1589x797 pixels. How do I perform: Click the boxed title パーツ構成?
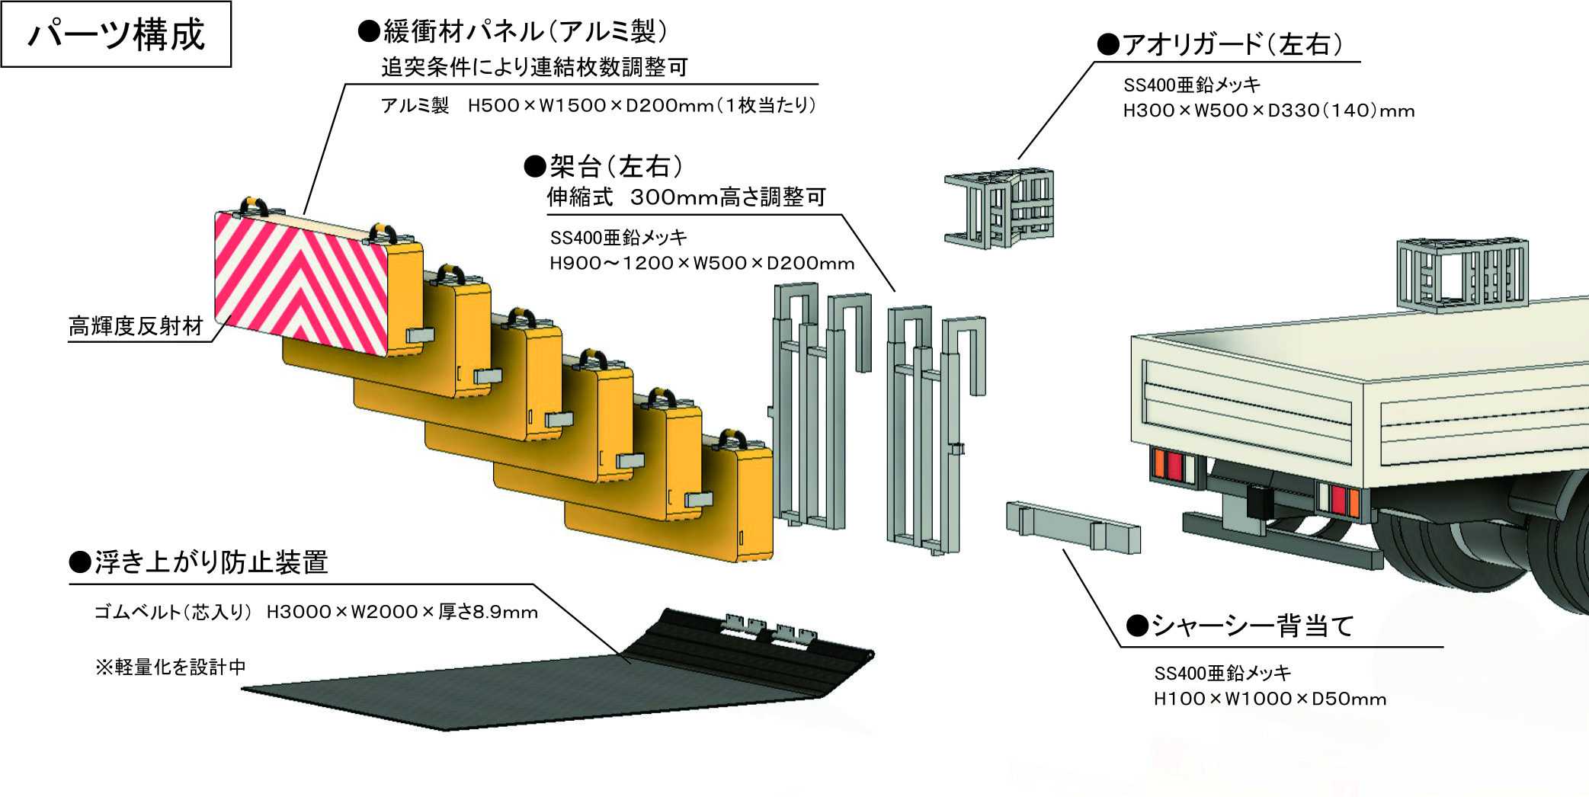(116, 34)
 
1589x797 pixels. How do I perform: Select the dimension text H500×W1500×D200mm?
(591, 105)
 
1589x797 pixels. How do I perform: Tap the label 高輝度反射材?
(136, 326)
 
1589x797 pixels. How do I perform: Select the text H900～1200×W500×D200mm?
(701, 264)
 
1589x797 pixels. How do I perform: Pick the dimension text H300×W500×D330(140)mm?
(1268, 111)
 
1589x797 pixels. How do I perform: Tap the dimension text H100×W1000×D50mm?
(1270, 699)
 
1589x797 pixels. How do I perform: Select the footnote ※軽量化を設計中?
(170, 667)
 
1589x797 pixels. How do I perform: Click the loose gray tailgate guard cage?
(999, 207)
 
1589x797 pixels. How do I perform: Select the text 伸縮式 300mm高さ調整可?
(686, 197)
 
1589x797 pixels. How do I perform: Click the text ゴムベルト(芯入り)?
(172, 613)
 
